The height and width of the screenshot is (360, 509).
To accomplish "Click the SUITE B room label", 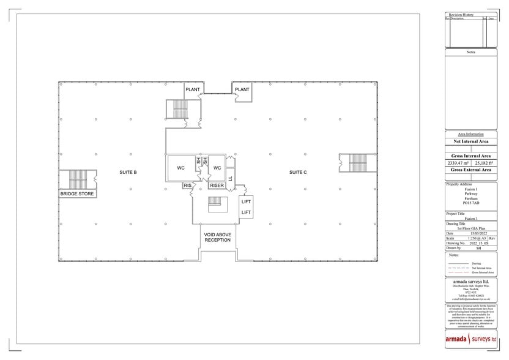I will tap(128, 173).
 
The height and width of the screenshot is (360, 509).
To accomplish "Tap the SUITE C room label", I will tap(298, 173).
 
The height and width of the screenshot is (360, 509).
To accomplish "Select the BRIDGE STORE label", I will tap(77, 194).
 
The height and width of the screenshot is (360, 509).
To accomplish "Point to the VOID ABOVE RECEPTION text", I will tap(218, 236).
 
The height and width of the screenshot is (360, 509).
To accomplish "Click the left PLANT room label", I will tap(193, 90).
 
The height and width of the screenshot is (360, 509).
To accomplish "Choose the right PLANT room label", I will tap(242, 90).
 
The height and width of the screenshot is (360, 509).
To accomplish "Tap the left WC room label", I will tap(181, 168).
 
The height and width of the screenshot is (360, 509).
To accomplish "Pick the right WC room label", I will tap(217, 168).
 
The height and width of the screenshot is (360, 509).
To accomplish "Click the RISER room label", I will tap(217, 185).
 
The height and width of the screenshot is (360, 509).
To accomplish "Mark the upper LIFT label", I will tap(246, 201).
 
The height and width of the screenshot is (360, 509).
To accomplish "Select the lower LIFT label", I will tap(246, 212).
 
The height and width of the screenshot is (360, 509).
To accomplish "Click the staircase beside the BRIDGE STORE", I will tap(78, 180).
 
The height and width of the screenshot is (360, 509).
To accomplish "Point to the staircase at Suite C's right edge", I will tap(356, 163).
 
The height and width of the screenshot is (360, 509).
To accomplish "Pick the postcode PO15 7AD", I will tap(471, 203).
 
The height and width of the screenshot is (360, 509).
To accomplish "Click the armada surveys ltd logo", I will tap(470, 339).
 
